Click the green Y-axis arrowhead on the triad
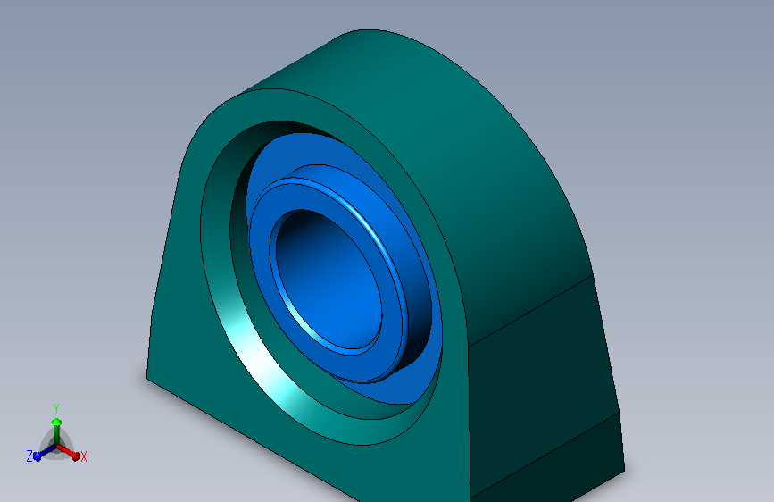[56, 421]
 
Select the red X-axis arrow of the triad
[71, 450]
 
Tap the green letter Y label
[56, 406]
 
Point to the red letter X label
[84, 456]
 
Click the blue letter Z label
[29, 456]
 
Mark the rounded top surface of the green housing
[446, 98]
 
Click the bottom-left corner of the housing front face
[148, 376]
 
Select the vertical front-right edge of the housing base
[470, 420]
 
